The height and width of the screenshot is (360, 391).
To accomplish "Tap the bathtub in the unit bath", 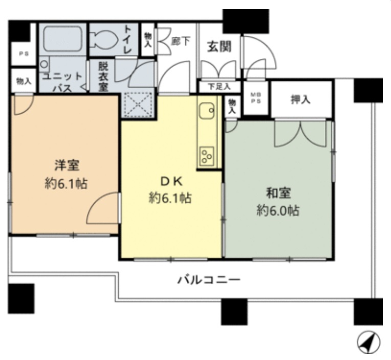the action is (x=62, y=39).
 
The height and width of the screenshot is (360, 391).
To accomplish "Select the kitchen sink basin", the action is (x=206, y=111).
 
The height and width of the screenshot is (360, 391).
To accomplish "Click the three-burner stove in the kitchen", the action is (x=207, y=156).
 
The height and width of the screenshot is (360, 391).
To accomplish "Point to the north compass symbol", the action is (x=368, y=342).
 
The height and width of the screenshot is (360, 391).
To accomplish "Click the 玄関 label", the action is (x=219, y=47).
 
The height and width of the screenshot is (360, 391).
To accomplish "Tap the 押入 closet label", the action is (x=300, y=99).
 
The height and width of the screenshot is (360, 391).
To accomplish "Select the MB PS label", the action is (x=255, y=98).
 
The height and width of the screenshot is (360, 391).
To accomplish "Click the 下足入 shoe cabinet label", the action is (x=219, y=87).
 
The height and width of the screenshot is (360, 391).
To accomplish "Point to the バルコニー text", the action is (x=209, y=280).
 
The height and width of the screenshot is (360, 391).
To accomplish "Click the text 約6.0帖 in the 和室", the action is (x=278, y=211).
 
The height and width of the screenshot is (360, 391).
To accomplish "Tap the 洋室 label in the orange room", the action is (x=67, y=165).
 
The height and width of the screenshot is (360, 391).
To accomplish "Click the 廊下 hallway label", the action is (x=180, y=41).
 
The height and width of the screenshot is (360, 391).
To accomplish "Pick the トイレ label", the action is (x=127, y=39).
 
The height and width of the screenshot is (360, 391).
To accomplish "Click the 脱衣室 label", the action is (x=103, y=76).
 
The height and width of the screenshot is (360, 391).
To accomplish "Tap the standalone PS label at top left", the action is (x=24, y=54).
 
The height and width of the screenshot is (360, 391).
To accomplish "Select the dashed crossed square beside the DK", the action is (x=138, y=104).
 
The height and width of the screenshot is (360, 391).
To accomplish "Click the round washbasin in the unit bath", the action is (x=45, y=64).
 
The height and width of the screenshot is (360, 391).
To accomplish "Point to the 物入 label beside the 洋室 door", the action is (x=24, y=81).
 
